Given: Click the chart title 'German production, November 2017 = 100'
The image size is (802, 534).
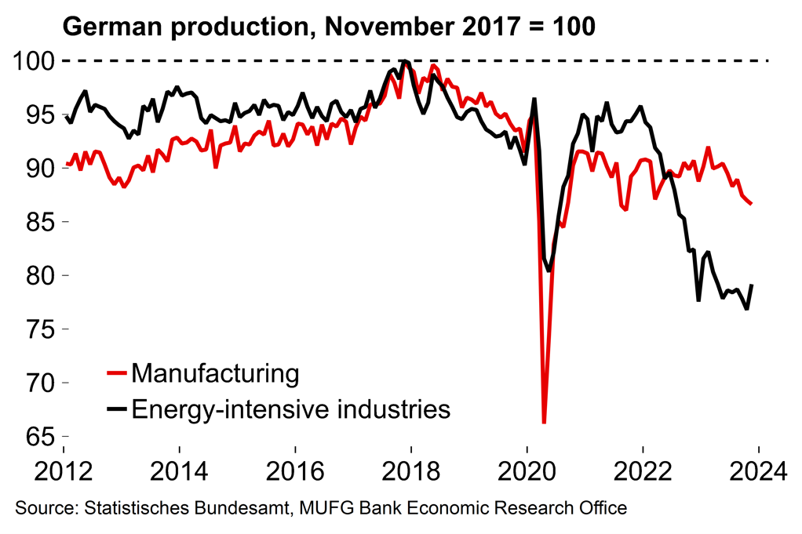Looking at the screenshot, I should (329, 27).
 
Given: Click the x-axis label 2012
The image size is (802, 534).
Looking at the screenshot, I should (64, 472).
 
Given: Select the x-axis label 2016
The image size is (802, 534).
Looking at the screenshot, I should (295, 472).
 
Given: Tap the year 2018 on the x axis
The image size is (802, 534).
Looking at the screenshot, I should (410, 472).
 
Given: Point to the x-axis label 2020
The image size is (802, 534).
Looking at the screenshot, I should (527, 472).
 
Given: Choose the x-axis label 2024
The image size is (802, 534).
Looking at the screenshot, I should (758, 472).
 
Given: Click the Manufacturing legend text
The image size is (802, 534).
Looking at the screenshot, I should (216, 373).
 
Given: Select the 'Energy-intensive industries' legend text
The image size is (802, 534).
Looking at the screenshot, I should (291, 409).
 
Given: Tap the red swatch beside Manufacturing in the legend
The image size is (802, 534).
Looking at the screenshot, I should (117, 374).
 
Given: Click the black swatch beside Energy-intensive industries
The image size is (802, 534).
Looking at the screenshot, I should (117, 409).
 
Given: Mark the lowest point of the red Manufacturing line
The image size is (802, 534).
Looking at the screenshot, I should (544, 423).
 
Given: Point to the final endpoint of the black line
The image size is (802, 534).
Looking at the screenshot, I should (752, 285).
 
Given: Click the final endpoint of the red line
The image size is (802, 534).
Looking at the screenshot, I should (752, 204).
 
